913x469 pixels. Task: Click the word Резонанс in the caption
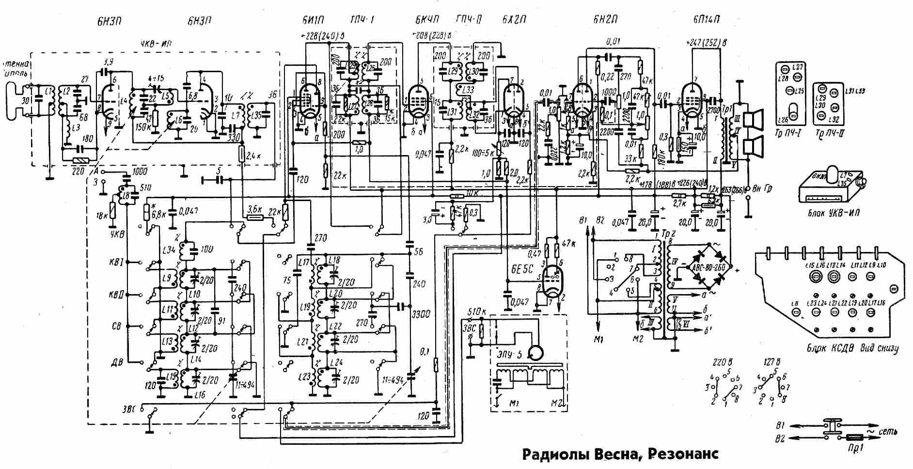point(683,454)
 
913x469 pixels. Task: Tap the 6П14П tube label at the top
point(706,20)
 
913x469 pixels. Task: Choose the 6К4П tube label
point(427,20)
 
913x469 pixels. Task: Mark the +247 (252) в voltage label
point(706,43)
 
